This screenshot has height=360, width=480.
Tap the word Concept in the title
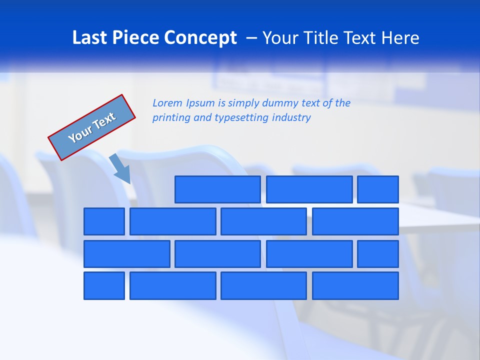point(201,38)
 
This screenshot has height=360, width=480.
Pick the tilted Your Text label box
point(92,127)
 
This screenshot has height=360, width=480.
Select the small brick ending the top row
point(378,189)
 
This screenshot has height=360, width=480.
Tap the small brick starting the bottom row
point(104,285)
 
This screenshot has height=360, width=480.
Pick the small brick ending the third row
point(378,254)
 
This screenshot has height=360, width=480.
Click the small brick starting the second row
point(104,221)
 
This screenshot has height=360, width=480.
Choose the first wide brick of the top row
point(217,189)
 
